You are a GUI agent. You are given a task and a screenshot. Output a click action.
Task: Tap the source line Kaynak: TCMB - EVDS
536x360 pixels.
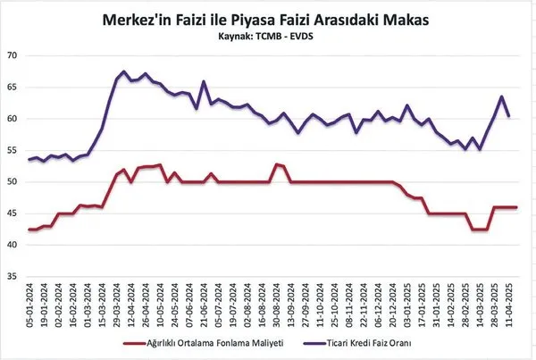pyautogui.click(x=267, y=38)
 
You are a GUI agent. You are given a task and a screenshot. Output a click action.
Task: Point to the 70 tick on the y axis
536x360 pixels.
pyautogui.click(x=13, y=55)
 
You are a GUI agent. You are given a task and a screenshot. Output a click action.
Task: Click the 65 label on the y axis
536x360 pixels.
pyautogui.click(x=13, y=87)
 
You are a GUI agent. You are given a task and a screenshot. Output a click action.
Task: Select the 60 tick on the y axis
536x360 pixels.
pyautogui.click(x=13, y=119)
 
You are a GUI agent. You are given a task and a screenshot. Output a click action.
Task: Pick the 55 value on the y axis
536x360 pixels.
pyautogui.click(x=13, y=150)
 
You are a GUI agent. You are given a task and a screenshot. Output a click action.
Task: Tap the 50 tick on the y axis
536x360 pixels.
pyautogui.click(x=13, y=181)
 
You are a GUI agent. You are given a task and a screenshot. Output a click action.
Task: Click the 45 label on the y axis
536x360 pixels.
pyautogui.click(x=13, y=213)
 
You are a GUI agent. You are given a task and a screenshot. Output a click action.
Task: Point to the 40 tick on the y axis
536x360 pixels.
pyautogui.click(x=13, y=245)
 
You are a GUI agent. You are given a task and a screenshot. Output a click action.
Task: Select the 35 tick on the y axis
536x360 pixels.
pyautogui.click(x=13, y=276)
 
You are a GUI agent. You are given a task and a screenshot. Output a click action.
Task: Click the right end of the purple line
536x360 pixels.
pyautogui.click(x=509, y=116)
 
